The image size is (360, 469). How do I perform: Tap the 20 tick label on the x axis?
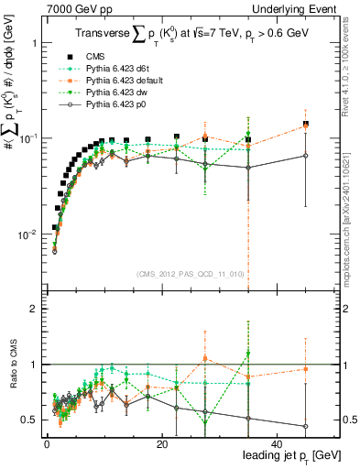coord(162,444)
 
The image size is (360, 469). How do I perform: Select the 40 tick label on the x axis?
coord(277,444)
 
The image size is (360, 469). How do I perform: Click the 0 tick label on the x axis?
coord(47,444)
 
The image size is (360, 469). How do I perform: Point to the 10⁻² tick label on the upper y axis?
coord(26,234)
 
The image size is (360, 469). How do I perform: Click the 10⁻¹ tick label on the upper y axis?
coord(26,138)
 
